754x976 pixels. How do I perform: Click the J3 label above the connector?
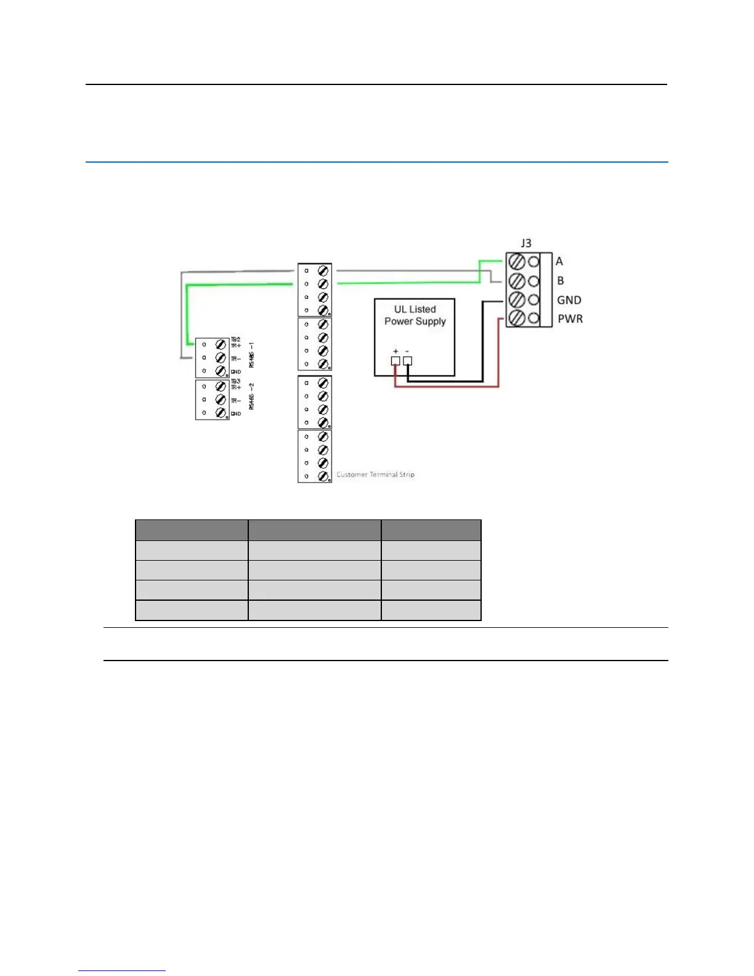[525, 243]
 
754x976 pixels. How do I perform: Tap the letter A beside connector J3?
[559, 261]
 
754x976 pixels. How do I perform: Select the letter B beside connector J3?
[561, 281]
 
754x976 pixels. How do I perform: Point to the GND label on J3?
[569, 300]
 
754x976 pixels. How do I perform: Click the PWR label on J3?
[570, 319]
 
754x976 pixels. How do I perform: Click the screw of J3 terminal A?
[517, 262]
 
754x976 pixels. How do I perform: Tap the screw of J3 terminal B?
[517, 281]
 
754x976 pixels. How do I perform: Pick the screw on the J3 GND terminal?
[517, 300]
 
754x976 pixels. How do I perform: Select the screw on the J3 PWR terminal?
[517, 319]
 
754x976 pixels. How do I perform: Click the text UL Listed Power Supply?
[415, 315]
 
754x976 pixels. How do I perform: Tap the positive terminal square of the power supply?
[395, 361]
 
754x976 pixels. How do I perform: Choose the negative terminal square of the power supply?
[407, 361]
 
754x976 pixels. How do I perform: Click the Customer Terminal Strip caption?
[376, 474]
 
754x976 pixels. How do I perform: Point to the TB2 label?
[235, 340]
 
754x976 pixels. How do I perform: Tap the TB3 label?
[235, 381]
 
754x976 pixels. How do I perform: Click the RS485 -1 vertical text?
[251, 356]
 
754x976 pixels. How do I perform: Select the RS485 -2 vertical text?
[251, 396]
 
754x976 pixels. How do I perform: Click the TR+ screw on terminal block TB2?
[221, 345]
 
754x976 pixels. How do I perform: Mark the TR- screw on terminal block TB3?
[221, 400]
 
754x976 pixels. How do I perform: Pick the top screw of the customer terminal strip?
[323, 271]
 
